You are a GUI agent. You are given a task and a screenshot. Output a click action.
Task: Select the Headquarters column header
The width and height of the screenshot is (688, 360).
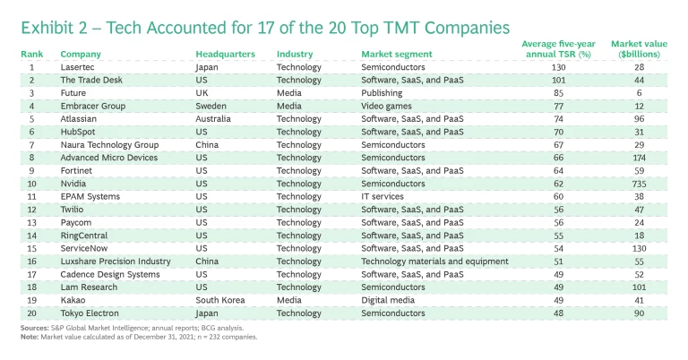pyautogui.click(x=225, y=54)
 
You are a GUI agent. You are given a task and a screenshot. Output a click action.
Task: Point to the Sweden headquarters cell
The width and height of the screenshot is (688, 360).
pyautogui.click(x=209, y=106)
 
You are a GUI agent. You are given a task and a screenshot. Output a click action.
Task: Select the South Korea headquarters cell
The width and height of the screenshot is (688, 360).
pyautogui.click(x=218, y=299)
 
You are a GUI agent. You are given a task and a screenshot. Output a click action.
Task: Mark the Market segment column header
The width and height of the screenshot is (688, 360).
pyautogui.click(x=396, y=54)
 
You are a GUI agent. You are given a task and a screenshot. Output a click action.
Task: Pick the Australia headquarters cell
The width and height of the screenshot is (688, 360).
pyautogui.click(x=213, y=118)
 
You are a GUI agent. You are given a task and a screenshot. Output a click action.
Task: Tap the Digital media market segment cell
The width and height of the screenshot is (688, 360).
pyautogui.click(x=387, y=299)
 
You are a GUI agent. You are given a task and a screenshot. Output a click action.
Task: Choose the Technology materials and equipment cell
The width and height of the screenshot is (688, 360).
pyautogui.click(x=426, y=261)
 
